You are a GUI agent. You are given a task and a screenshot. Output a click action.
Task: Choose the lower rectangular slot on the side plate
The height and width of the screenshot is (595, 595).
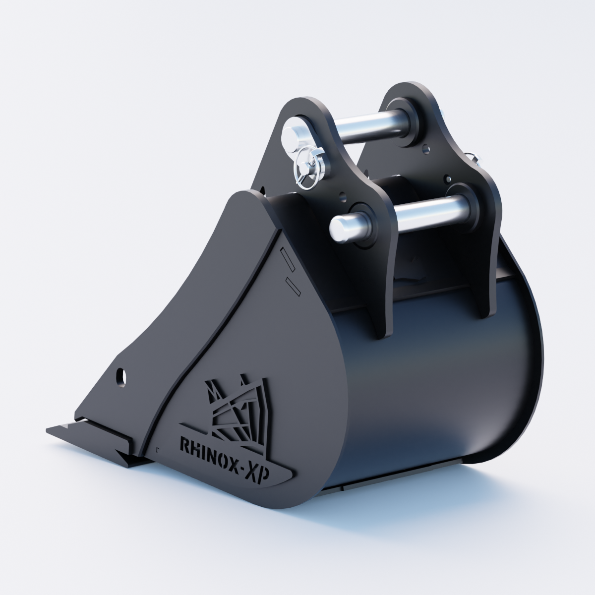point(293,286)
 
